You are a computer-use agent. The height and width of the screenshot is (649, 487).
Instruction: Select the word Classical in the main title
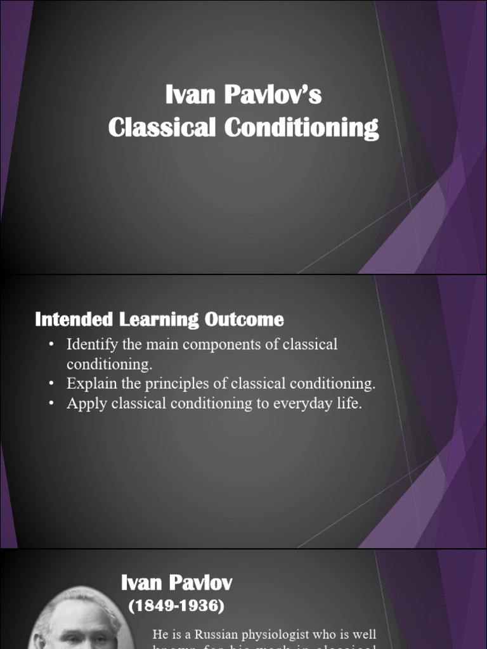[x=162, y=127]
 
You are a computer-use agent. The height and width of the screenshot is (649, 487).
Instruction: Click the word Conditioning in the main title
[x=302, y=127]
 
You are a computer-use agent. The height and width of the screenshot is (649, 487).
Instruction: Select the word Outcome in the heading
[x=244, y=319]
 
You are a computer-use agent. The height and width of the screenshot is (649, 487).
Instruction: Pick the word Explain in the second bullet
[x=89, y=384]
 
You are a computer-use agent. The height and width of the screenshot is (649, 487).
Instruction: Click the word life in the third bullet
[x=347, y=404]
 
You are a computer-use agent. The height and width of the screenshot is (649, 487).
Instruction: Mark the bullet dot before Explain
[x=51, y=384]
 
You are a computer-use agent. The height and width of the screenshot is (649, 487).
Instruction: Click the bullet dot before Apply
[x=51, y=404]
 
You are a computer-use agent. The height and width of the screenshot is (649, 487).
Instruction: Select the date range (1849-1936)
[x=176, y=606]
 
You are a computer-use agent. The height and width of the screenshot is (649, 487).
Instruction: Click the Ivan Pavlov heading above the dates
[x=176, y=583]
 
